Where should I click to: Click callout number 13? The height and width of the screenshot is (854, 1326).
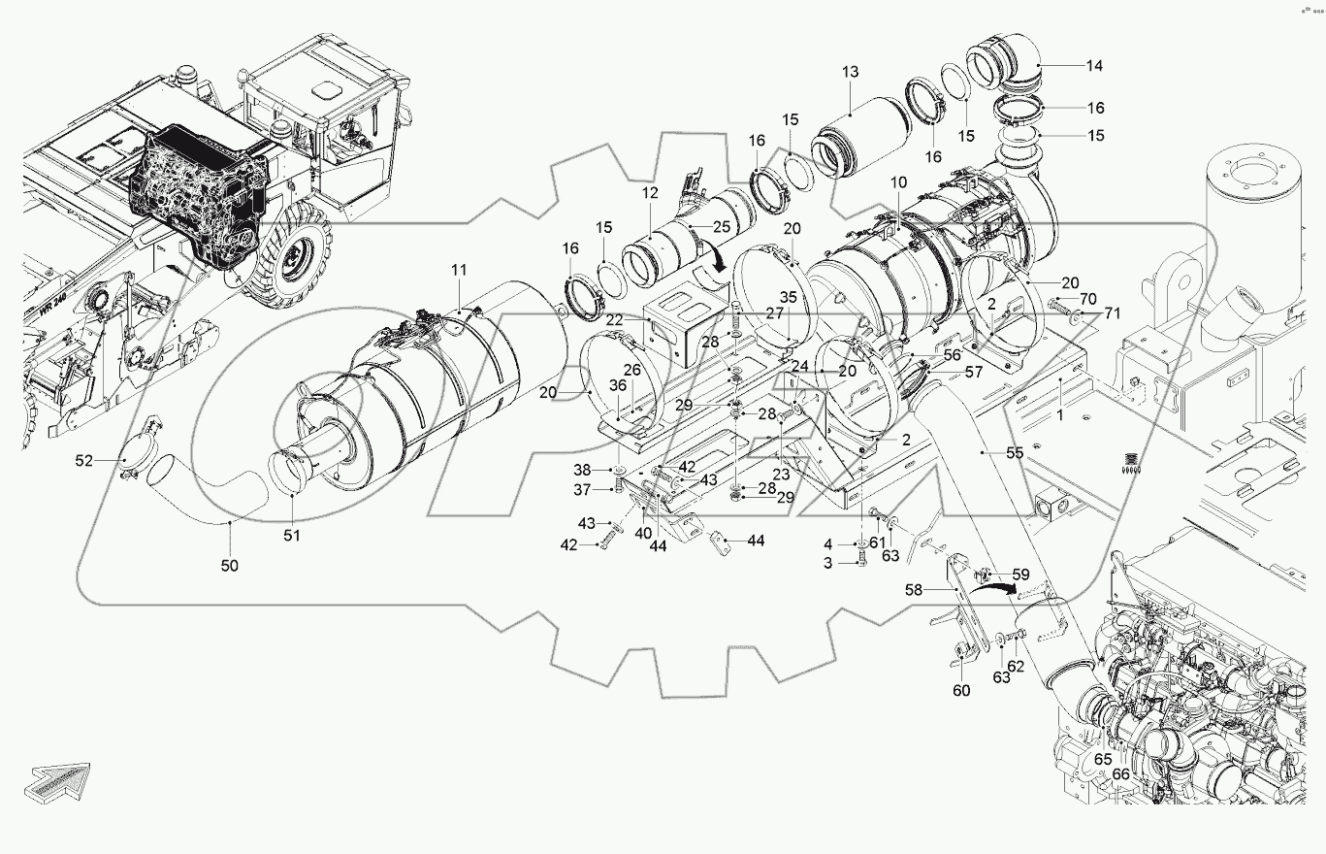pos(850,73)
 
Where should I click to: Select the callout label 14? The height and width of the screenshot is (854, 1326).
pos(1094,66)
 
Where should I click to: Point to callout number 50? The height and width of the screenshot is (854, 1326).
pos(229,564)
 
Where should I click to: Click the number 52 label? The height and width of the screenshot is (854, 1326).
pos(85,461)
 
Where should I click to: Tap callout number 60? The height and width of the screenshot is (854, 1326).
pos(960,691)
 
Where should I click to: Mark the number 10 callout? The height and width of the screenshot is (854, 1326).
pos(899,182)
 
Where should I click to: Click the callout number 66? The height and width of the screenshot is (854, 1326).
pos(1120,773)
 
